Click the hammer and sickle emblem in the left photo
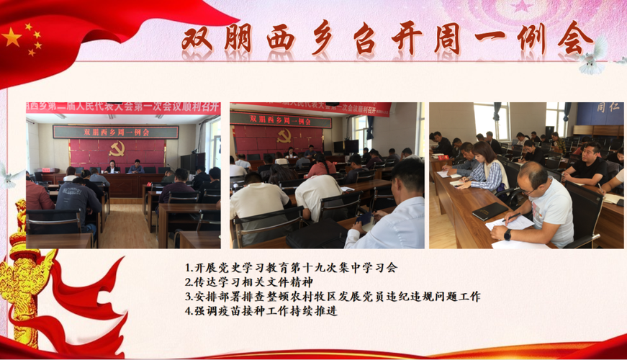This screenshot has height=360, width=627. (x=117, y=149)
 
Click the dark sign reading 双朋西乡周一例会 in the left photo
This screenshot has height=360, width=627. (x=116, y=132)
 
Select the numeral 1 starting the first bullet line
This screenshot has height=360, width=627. (x=187, y=268)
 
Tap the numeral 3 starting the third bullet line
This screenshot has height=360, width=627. (x=187, y=297)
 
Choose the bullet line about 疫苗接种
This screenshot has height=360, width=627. (x=261, y=311)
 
